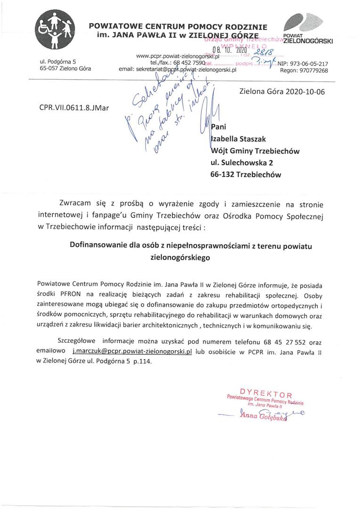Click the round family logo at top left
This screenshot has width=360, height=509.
tap(55, 32)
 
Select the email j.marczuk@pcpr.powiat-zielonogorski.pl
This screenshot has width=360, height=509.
tap(131, 352)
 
